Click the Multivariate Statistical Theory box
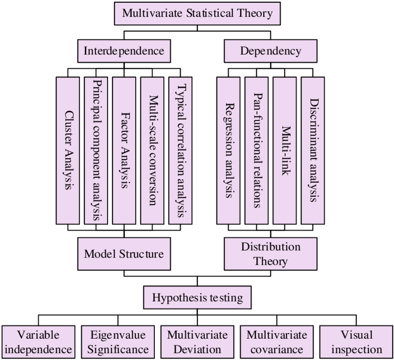click(197, 13)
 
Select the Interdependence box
click(124, 51)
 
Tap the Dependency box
click(271, 51)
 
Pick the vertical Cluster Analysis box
click(68, 151)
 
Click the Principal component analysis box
click(96, 151)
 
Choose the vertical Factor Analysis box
click(124, 151)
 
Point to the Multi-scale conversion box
click(153, 151)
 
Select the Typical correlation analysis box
click(180, 151)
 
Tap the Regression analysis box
click(229, 151)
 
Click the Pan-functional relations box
click(256, 151)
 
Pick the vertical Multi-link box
click(285, 151)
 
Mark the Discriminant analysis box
click(313, 151)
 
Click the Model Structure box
click(124, 254)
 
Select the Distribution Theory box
click(271, 254)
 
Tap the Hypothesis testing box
click(197, 297)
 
